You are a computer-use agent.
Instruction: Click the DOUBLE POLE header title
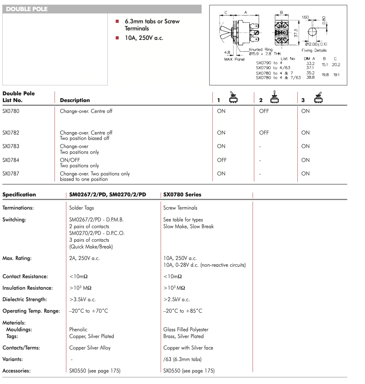pos(27,9)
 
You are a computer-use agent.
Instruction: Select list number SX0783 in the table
pos(11,146)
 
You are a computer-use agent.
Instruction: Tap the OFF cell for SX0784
pos(222,160)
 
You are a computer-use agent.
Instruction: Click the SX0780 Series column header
pos(182,195)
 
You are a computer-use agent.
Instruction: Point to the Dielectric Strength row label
pos(25,299)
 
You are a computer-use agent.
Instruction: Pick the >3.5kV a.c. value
pos(82,299)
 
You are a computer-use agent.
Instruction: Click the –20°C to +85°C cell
pos(182,311)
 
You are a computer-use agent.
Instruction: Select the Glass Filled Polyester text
pos(186,330)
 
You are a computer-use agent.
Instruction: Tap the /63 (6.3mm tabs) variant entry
pos(182,359)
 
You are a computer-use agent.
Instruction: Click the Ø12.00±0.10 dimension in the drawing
pos(316,44)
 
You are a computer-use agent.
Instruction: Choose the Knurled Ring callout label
pos(260,49)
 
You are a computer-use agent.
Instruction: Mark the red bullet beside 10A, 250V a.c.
pos(117,38)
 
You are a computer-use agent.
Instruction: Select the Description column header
pos(75,100)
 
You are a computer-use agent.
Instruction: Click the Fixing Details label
pos(314,50)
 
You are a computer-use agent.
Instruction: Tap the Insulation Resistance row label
pos(28,288)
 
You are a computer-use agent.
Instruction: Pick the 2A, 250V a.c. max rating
pos(84,258)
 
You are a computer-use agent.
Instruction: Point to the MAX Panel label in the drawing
pos(234,59)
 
